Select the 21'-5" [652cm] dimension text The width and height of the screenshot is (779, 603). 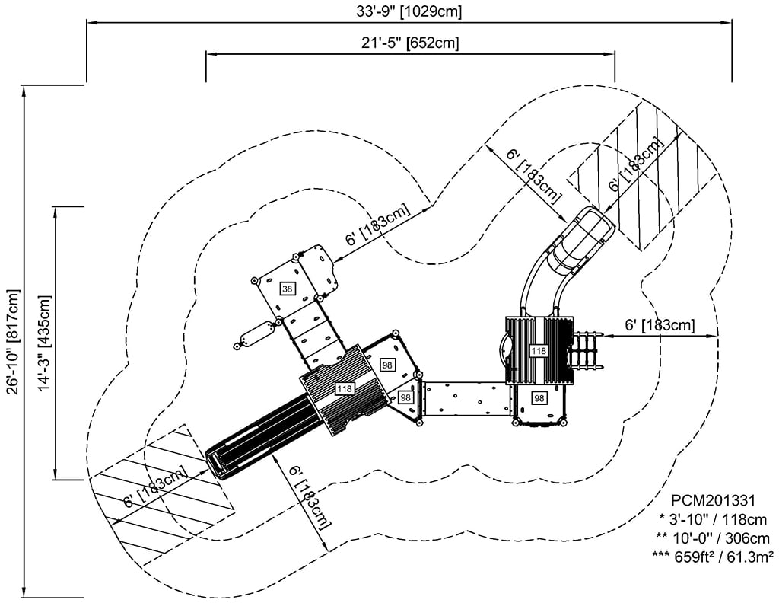click(x=409, y=43)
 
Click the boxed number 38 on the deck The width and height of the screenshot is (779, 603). click(x=287, y=289)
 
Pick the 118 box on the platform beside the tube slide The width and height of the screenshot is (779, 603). click(x=344, y=389)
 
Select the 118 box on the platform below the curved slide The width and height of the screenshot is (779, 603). click(x=539, y=351)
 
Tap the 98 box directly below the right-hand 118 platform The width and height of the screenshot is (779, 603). click(x=539, y=397)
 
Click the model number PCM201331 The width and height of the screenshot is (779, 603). click(x=713, y=500)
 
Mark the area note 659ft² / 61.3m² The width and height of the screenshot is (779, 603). click(x=713, y=556)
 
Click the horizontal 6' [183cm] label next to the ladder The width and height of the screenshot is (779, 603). click(x=660, y=326)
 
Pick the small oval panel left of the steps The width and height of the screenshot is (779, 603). click(x=256, y=334)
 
